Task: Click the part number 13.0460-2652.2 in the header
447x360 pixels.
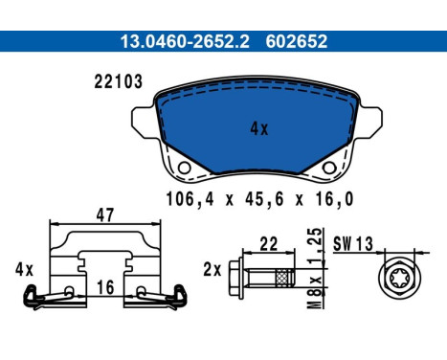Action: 185,41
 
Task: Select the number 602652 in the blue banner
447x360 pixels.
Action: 297,41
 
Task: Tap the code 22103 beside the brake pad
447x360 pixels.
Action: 118,81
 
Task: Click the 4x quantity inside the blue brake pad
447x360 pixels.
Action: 259,129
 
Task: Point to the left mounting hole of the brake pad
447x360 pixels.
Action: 184,168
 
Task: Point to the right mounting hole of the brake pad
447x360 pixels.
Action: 329,168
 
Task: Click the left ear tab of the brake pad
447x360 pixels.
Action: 144,123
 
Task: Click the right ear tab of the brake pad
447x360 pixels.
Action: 370,123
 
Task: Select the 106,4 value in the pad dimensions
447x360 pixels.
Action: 190,199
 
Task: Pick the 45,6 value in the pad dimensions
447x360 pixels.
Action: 264,199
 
